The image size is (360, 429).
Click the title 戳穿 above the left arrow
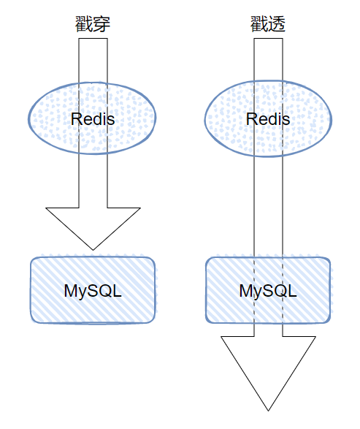pos(93,24)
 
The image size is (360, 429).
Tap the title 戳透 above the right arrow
pos(268,24)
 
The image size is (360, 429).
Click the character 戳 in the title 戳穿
pos(84,24)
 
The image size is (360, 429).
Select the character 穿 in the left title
pos(102,24)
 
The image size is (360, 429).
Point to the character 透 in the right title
pos(277,24)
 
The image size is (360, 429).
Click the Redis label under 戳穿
pos(93,119)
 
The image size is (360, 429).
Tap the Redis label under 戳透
pos(268,119)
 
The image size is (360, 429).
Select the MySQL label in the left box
pos(93,291)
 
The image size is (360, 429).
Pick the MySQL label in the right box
pos(268,291)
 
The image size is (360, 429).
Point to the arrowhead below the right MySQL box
pos(268,369)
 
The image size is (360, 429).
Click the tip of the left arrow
pos(93,250)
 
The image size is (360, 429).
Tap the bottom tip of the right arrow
pos(268,411)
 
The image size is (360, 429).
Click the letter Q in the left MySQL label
pos(105,291)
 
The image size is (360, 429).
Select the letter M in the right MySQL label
pos(246,291)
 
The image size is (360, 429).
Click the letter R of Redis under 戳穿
pos(76,119)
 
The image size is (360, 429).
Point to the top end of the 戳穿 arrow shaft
pos(93,39)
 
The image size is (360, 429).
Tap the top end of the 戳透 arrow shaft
pos(268,39)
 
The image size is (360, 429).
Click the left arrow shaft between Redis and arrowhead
pos(93,181)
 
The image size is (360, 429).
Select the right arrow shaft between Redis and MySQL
pos(268,207)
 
